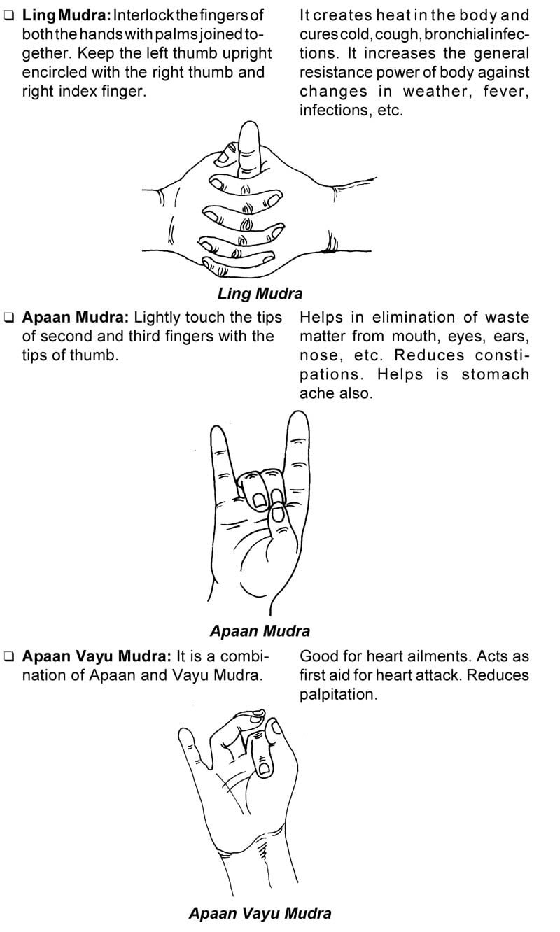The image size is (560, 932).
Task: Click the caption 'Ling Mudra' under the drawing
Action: click(x=260, y=294)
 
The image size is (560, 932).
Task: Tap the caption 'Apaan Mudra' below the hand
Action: click(x=260, y=630)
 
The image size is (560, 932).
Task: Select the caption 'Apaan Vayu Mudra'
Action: click(x=260, y=912)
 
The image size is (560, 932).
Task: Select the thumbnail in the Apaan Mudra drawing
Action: click(x=277, y=516)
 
